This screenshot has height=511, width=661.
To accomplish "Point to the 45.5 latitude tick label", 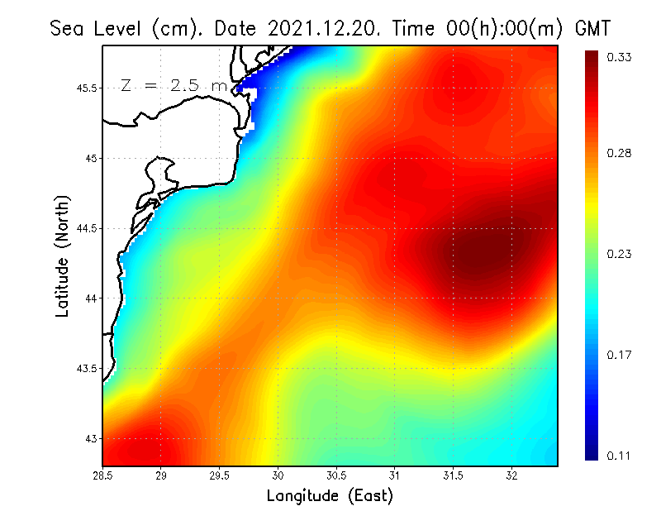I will [x=85, y=88].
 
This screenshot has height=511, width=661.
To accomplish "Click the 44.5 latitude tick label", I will [x=85, y=228].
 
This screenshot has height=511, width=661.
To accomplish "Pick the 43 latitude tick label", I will [x=90, y=438].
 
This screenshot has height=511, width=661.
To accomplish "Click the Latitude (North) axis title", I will [x=62, y=256].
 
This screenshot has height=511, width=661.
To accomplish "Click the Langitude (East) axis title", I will [x=330, y=496].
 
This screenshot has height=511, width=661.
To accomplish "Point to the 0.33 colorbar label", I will [x=620, y=57].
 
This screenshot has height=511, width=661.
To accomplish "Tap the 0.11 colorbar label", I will [x=620, y=456].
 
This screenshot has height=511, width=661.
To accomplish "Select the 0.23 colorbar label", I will [x=620, y=254].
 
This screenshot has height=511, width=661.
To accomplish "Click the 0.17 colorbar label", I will [x=620, y=356].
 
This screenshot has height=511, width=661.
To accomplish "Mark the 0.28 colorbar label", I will [x=620, y=153].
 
